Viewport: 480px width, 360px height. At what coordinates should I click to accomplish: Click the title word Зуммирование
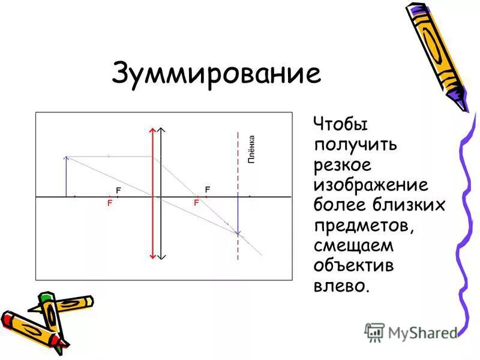pos(216,74)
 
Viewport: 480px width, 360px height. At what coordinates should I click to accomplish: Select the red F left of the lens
pos(110,203)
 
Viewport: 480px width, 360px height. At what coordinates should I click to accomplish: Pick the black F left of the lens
pos(119,190)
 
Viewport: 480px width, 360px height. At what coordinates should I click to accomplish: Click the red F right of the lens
pos(196,203)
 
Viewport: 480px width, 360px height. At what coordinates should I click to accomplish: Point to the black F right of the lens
pos(207,189)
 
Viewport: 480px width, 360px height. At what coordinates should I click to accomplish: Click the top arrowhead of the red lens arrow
pos(153,130)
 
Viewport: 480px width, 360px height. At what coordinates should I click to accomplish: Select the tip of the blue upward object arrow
pos(66,158)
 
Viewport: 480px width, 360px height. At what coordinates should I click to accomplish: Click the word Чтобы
pos(341,125)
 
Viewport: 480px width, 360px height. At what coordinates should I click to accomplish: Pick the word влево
pos(340,284)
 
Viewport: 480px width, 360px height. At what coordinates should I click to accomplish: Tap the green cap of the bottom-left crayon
pos(46,298)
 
